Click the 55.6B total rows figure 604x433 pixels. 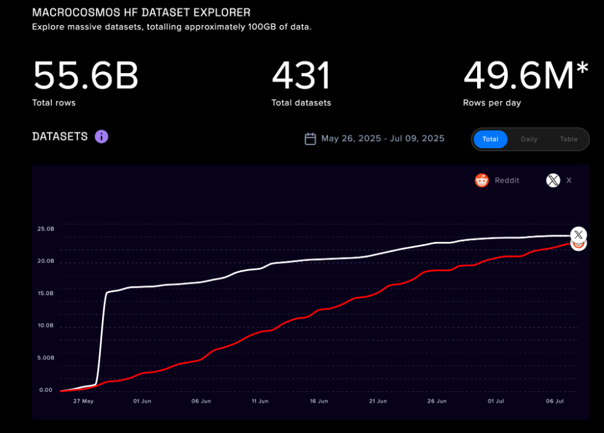pyautogui.click(x=85, y=76)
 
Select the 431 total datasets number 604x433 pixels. pyautogui.click(x=301, y=76)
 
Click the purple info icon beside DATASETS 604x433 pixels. pyautogui.click(x=101, y=136)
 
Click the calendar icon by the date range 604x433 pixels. pyautogui.click(x=310, y=139)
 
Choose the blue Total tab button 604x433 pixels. pyautogui.click(x=490, y=139)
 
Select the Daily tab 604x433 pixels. pyautogui.click(x=528, y=139)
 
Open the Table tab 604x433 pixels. pyautogui.click(x=568, y=139)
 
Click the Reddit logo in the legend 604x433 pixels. pyautogui.click(x=481, y=180)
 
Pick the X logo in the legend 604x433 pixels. pyautogui.click(x=553, y=180)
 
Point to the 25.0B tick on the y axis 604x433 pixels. pyautogui.click(x=46, y=229)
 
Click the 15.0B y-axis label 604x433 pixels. pyautogui.click(x=46, y=293)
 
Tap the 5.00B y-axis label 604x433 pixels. pyautogui.click(x=46, y=357)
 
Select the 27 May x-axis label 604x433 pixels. pyautogui.click(x=83, y=401)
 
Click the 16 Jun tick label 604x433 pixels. pyautogui.click(x=318, y=401)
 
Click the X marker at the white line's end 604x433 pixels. pyautogui.click(x=579, y=234)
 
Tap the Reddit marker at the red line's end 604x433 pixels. pyautogui.click(x=579, y=244)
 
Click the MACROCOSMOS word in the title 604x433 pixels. pyautogui.click(x=69, y=13)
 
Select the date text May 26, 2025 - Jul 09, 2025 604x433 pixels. pyautogui.click(x=382, y=139)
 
